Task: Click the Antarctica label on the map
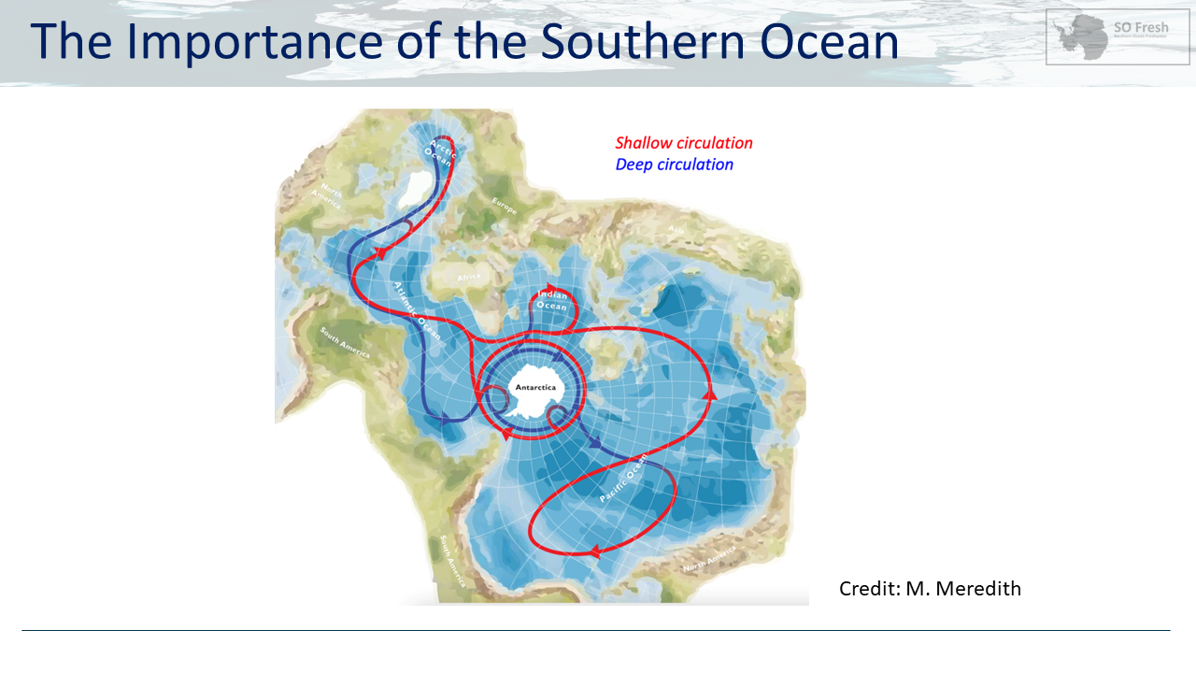tap(535, 387)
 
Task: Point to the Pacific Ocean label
tap(623, 478)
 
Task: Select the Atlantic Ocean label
tap(418, 307)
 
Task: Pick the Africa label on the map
tap(468, 277)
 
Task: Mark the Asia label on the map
tap(676, 228)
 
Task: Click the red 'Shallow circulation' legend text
tap(683, 143)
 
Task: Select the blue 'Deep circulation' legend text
tap(674, 165)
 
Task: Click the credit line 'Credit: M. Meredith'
tap(930, 589)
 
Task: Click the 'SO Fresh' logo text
tap(1141, 28)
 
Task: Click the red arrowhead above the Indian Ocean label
tap(551, 288)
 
